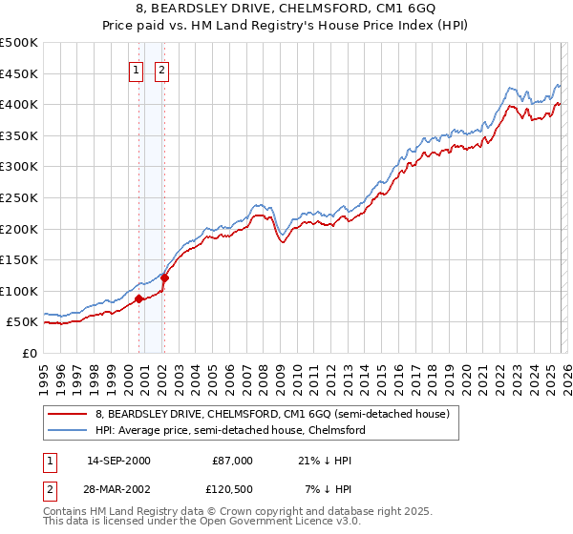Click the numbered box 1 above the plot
tap(136, 69)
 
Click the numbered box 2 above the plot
tap(161, 69)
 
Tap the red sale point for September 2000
tap(138, 298)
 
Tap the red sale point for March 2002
tap(164, 278)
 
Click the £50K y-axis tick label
tap(23, 322)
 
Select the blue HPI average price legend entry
tap(229, 430)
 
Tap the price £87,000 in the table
tap(232, 461)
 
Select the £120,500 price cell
tap(232, 489)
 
